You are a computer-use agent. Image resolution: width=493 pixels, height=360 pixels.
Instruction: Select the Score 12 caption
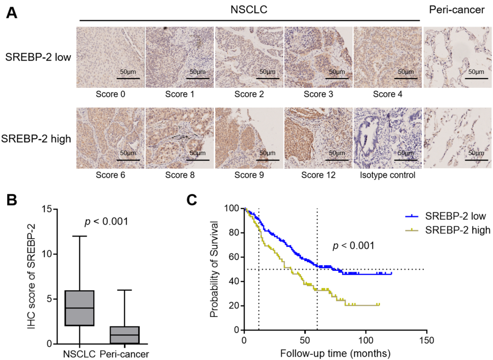[x=319, y=175]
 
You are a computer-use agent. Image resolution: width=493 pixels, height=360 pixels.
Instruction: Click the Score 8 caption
[x=180, y=175]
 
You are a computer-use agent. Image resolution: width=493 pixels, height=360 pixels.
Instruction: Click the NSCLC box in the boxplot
[x=80, y=307]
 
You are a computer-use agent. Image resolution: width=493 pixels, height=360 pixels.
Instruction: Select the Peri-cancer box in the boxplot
[x=124, y=335]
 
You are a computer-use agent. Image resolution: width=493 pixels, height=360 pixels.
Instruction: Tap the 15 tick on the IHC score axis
[x=49, y=209]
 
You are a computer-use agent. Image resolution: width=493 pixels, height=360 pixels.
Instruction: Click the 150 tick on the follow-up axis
[x=426, y=340]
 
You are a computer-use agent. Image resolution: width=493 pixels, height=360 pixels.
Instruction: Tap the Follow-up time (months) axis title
[x=335, y=353]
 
